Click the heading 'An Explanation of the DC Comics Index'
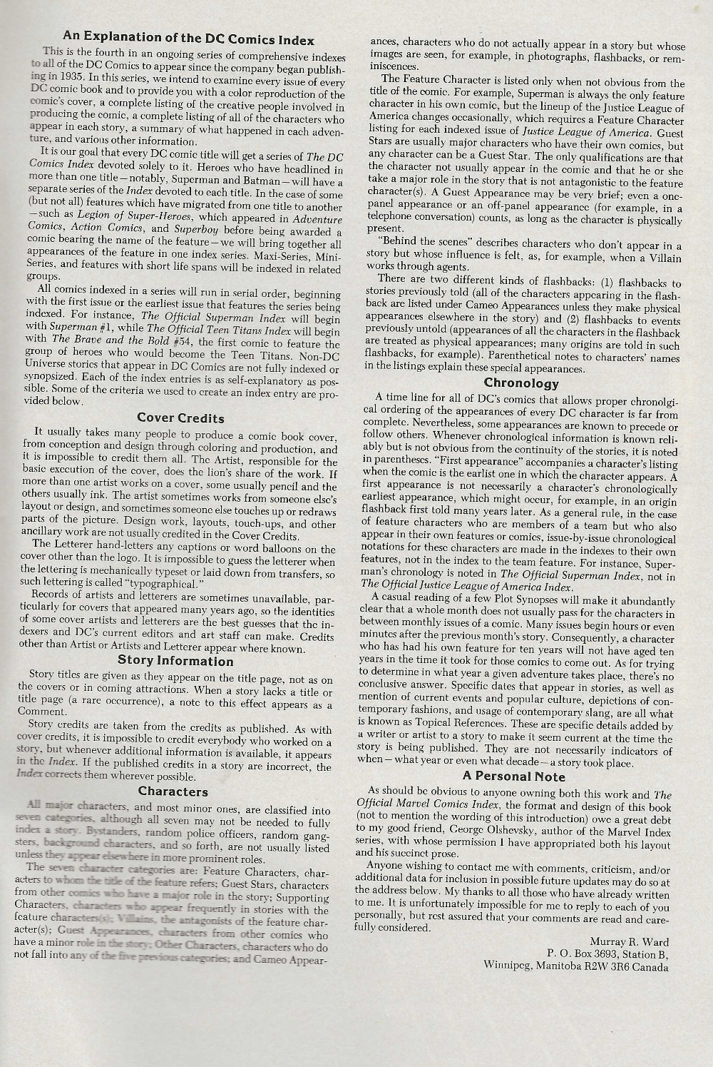pyautogui.click(x=188, y=38)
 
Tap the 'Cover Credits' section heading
pyautogui.click(x=180, y=418)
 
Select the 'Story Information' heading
pyautogui.click(x=175, y=661)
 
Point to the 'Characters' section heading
pyautogui.click(x=173, y=791)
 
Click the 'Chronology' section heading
pyautogui.click(x=521, y=383)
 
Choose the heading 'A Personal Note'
pyautogui.click(x=513, y=777)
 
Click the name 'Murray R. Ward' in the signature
pyautogui.click(x=630, y=941)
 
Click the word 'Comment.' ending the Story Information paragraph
pyautogui.click(x=41, y=712)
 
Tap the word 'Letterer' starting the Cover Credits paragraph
pyautogui.click(x=80, y=545)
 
